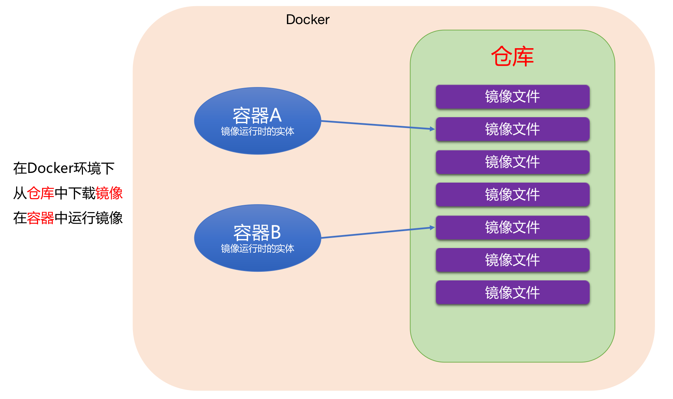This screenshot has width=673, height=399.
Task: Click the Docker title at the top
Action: (x=307, y=20)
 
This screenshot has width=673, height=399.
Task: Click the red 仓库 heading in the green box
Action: (x=512, y=57)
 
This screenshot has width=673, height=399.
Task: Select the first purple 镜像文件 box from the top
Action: (x=512, y=97)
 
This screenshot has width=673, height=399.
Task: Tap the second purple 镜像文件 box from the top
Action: (x=512, y=129)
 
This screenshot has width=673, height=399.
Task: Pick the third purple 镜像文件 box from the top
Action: (x=512, y=162)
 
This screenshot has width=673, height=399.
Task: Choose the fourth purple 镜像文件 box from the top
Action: (x=512, y=195)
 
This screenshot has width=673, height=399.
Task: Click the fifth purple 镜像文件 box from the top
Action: (x=512, y=228)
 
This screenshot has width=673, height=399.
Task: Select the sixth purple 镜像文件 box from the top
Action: (x=512, y=260)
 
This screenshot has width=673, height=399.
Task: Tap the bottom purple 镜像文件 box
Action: (x=512, y=293)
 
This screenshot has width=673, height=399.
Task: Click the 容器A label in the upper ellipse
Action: (x=257, y=115)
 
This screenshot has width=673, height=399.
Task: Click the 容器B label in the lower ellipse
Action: (x=257, y=233)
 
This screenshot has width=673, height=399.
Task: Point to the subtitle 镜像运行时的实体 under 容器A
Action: (x=257, y=132)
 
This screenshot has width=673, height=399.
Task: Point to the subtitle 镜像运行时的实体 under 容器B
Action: (x=257, y=249)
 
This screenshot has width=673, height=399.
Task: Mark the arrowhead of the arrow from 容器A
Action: (x=433, y=129)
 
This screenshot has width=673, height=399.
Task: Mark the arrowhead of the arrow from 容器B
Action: (x=433, y=228)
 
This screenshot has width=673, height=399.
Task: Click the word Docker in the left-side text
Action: (x=50, y=168)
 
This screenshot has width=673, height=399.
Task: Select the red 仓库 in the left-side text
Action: (x=41, y=193)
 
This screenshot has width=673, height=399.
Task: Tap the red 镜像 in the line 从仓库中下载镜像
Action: (x=109, y=193)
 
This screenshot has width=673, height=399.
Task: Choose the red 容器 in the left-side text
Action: (x=41, y=218)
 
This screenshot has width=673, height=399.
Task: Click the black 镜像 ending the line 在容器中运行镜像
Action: (x=109, y=218)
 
